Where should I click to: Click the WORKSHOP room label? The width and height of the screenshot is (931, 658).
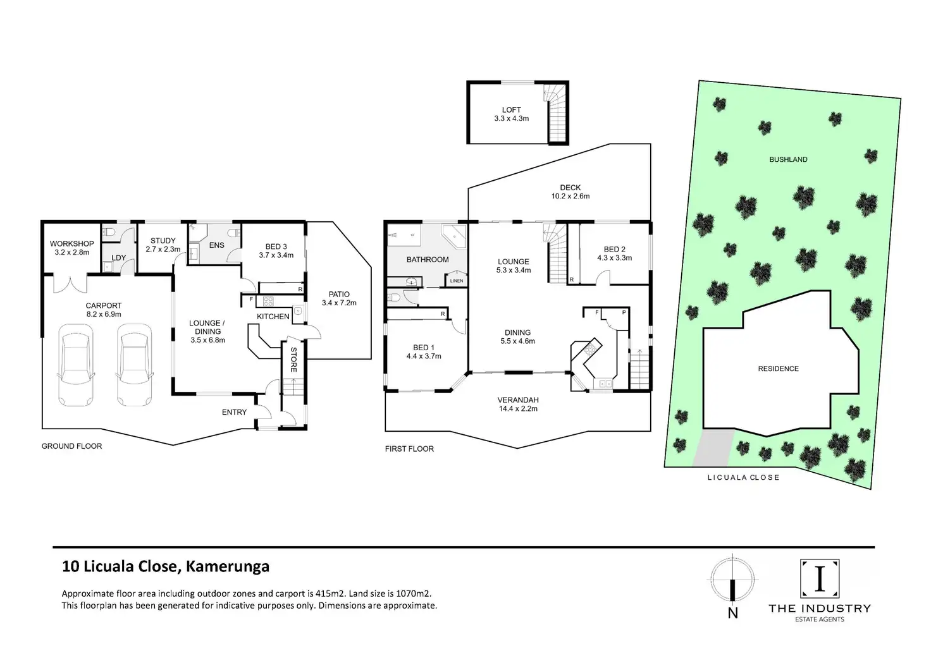click(72, 244)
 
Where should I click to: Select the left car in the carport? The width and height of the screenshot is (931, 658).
click(75, 365)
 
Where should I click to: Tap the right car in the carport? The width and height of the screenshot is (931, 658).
click(134, 365)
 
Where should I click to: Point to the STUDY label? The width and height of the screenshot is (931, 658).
click(163, 241)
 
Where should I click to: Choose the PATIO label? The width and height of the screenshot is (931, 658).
click(339, 295)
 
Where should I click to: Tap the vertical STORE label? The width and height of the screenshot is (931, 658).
click(293, 360)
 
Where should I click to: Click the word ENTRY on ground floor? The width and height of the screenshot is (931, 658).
click(234, 412)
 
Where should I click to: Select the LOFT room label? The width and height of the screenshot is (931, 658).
click(512, 110)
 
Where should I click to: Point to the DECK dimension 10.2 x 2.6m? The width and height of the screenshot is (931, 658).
click(570, 196)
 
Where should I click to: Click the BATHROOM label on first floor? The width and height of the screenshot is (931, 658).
click(428, 260)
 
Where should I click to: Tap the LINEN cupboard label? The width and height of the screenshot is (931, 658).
click(457, 281)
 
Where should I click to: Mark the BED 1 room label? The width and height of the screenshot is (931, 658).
click(424, 348)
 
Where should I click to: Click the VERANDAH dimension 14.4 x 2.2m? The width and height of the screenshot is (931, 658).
click(517, 408)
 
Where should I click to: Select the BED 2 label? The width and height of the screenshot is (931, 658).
click(615, 250)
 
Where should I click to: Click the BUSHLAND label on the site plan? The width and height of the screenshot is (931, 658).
click(788, 159)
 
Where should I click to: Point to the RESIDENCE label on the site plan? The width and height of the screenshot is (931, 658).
click(779, 369)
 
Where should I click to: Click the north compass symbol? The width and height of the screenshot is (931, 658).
click(732, 580)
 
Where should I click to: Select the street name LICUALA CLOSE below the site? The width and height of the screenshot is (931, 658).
click(743, 477)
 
